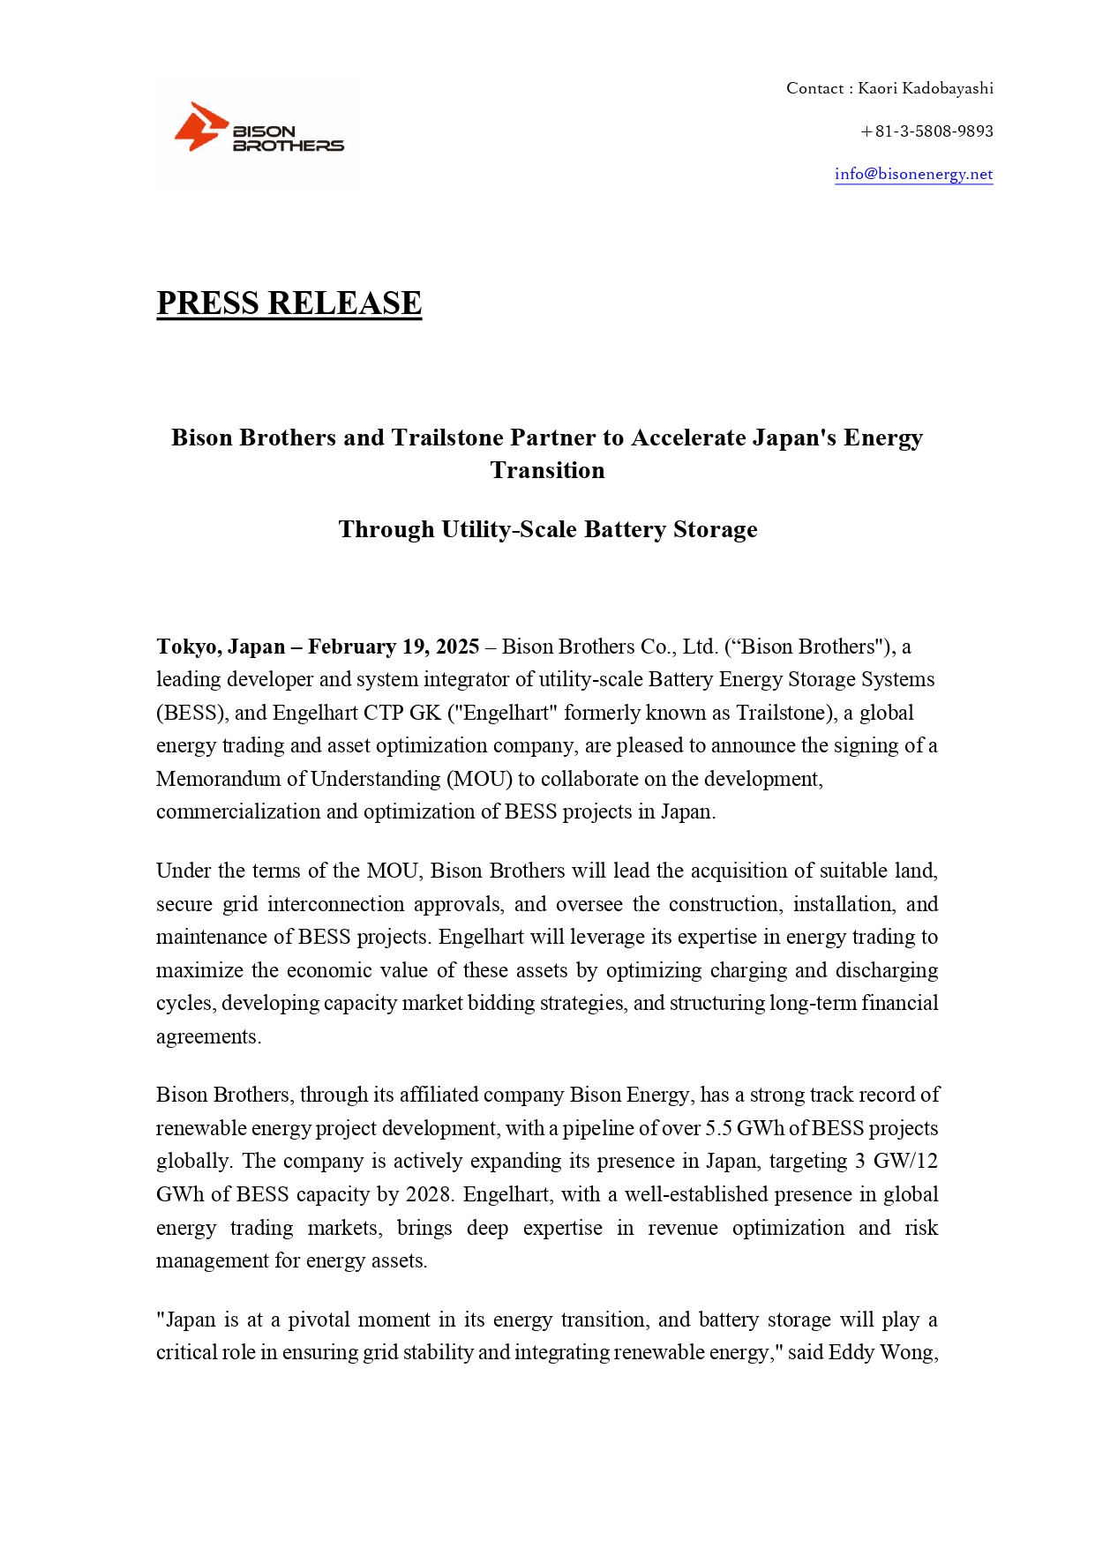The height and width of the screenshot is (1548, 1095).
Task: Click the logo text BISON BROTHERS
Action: coord(288,138)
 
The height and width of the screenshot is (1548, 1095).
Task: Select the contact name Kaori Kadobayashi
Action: coord(926,88)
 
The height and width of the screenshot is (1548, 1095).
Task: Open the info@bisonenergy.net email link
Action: coord(913,174)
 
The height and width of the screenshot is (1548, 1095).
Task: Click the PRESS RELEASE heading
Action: coord(289,303)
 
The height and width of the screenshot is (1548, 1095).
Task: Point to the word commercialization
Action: coord(238,811)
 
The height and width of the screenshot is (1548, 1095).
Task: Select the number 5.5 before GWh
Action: coord(718,1128)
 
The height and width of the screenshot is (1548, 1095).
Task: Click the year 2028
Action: coord(428,1194)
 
